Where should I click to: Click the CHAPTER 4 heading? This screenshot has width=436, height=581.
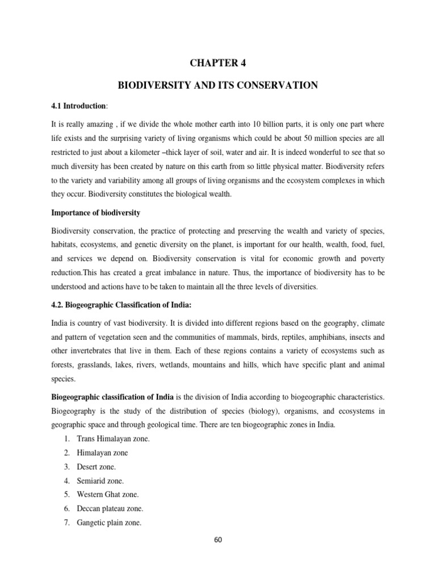pos(218,63)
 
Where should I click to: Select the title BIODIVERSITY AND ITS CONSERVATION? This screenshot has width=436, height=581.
pos(218,85)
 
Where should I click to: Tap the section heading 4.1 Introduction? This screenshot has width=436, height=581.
pos(77,106)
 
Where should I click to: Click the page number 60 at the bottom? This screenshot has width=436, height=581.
pos(218,540)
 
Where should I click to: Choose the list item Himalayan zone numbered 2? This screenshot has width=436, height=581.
pos(102,453)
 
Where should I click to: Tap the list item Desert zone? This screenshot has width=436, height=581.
pos(96,466)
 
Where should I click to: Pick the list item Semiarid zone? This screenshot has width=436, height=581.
pos(99,481)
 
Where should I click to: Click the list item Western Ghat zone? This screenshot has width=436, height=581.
pos(107,494)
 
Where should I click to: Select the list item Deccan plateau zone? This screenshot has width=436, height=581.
pos(110,508)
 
